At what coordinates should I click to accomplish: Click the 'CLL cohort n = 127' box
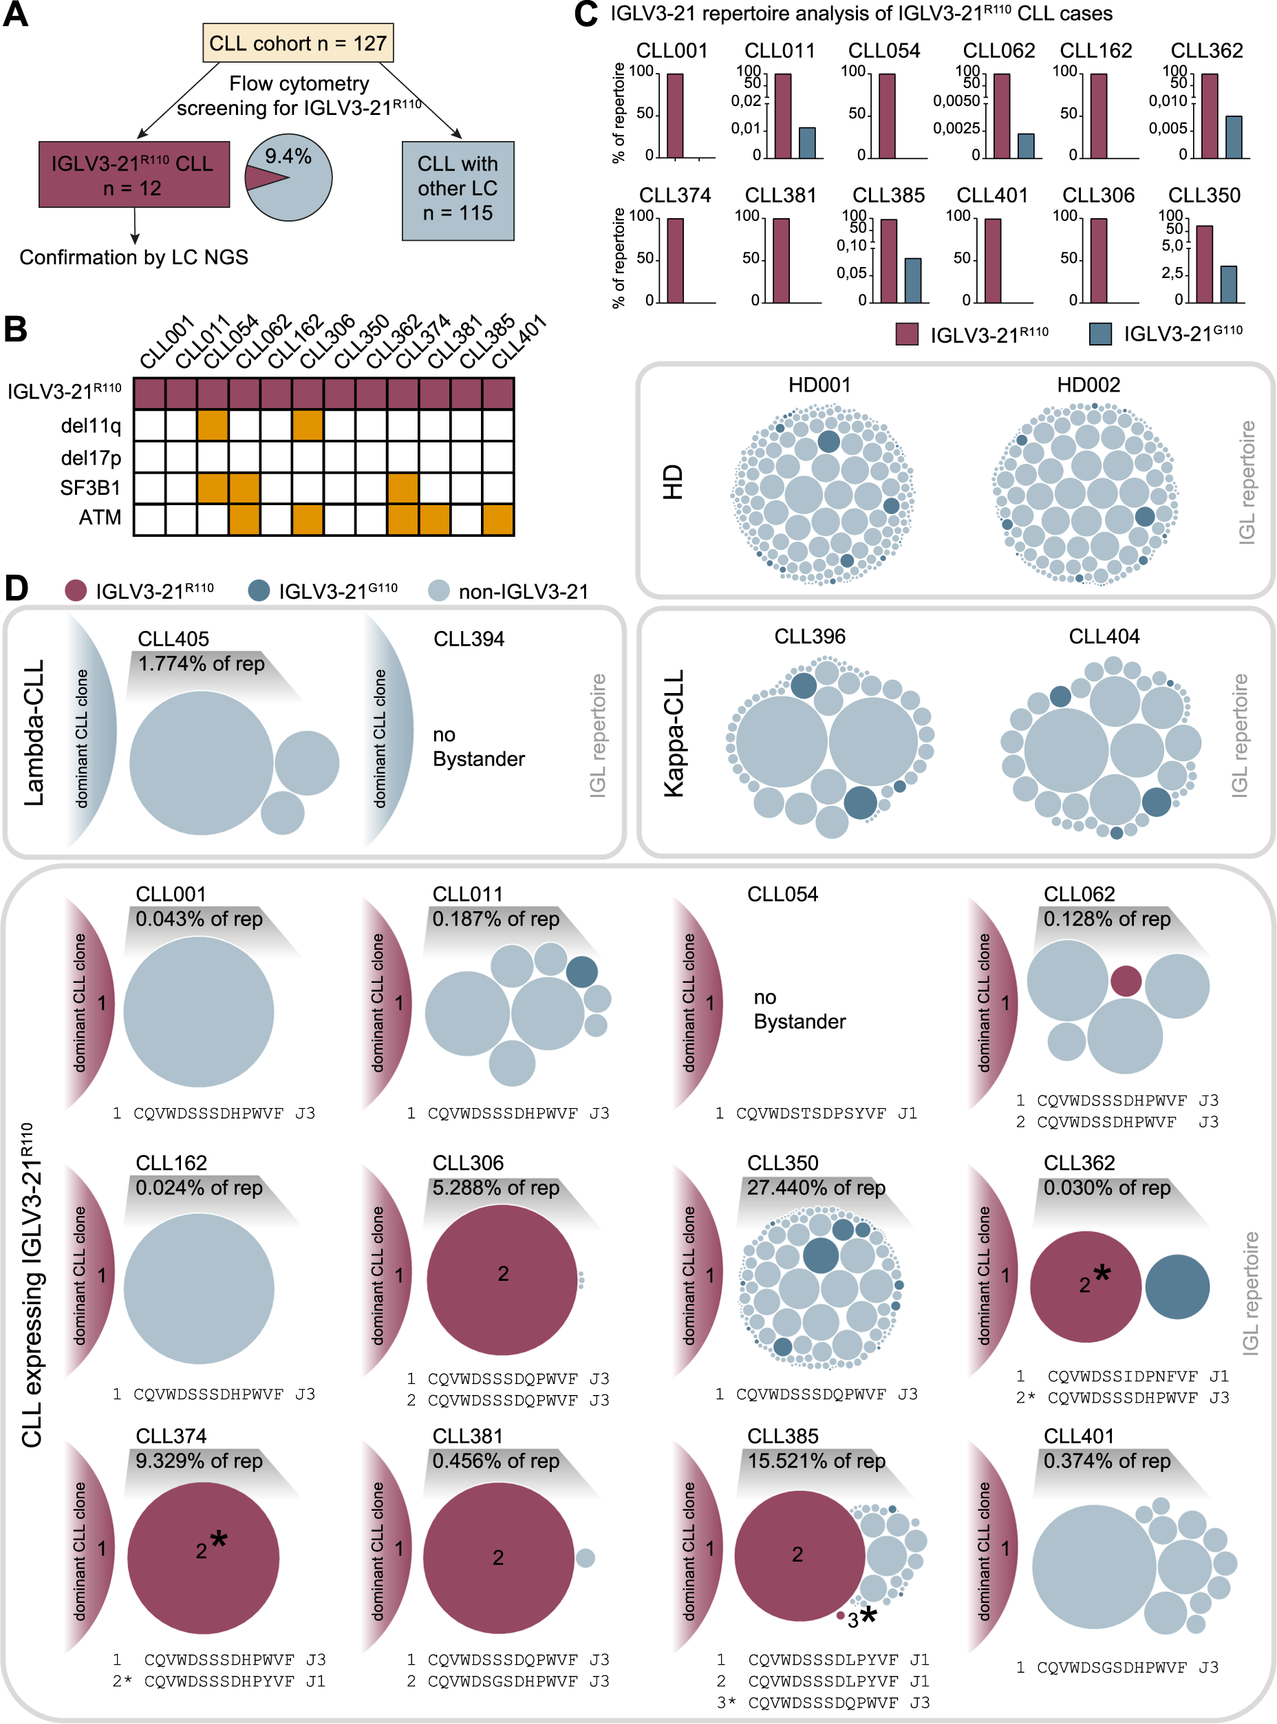click(x=298, y=43)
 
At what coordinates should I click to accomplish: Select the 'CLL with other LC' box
click(x=458, y=189)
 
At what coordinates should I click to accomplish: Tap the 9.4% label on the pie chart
click(x=288, y=157)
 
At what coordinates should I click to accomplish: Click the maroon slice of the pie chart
click(x=261, y=178)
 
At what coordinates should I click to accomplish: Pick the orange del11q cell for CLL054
click(x=213, y=425)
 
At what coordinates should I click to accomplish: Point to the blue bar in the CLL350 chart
click(x=1228, y=284)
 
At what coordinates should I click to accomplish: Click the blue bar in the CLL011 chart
click(x=807, y=143)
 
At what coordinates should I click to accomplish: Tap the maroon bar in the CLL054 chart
click(x=887, y=116)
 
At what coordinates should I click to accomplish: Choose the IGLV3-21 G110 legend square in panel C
click(x=1100, y=334)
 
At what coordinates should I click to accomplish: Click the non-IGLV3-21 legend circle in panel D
click(x=438, y=590)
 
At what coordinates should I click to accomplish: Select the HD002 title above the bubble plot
click(x=1088, y=384)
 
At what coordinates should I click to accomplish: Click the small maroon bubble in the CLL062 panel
click(x=1126, y=980)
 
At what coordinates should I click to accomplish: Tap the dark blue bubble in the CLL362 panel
click(x=1177, y=1286)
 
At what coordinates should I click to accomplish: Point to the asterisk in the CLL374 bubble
click(x=219, y=1540)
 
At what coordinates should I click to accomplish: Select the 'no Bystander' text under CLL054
click(x=799, y=1010)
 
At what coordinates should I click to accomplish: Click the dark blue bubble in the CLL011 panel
click(x=581, y=972)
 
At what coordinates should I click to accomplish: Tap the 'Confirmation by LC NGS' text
click(x=133, y=257)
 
